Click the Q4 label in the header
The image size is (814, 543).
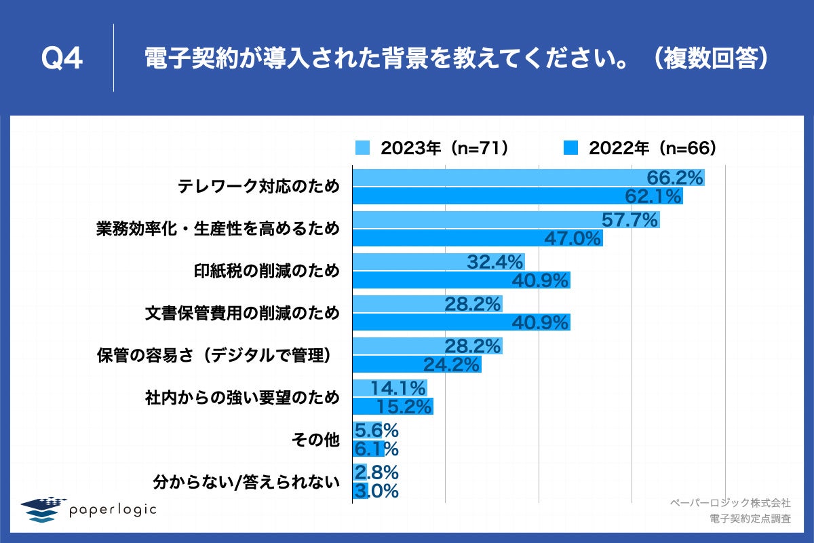tap(62, 60)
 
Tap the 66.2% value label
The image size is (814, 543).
tap(674, 178)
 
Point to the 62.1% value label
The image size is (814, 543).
tap(653, 197)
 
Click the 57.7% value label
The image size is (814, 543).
tap(630, 220)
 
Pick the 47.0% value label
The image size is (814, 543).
tap(574, 239)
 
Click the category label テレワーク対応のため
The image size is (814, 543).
tap(258, 187)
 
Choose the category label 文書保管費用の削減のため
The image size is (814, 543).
tap(242, 314)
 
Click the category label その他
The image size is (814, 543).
tap(315, 440)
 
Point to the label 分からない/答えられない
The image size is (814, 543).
tap(246, 482)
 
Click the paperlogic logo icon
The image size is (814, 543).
tap(41, 509)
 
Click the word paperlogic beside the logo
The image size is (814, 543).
tap(113, 509)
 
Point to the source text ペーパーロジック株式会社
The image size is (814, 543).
tap(730, 503)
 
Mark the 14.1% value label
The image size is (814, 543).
tap(399, 388)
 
